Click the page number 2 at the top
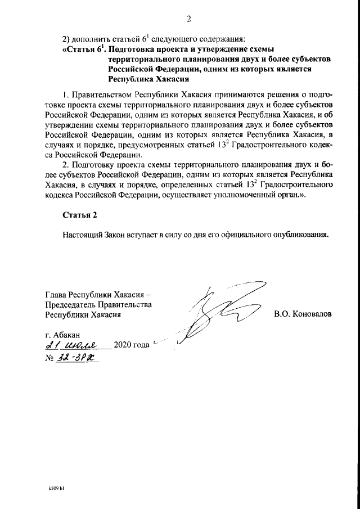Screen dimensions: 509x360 tap(189, 19)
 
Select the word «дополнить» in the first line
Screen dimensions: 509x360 tap(93, 39)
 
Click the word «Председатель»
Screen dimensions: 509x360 tap(72, 304)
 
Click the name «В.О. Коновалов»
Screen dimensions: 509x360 tap(303, 314)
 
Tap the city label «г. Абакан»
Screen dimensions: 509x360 tap(64, 334)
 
